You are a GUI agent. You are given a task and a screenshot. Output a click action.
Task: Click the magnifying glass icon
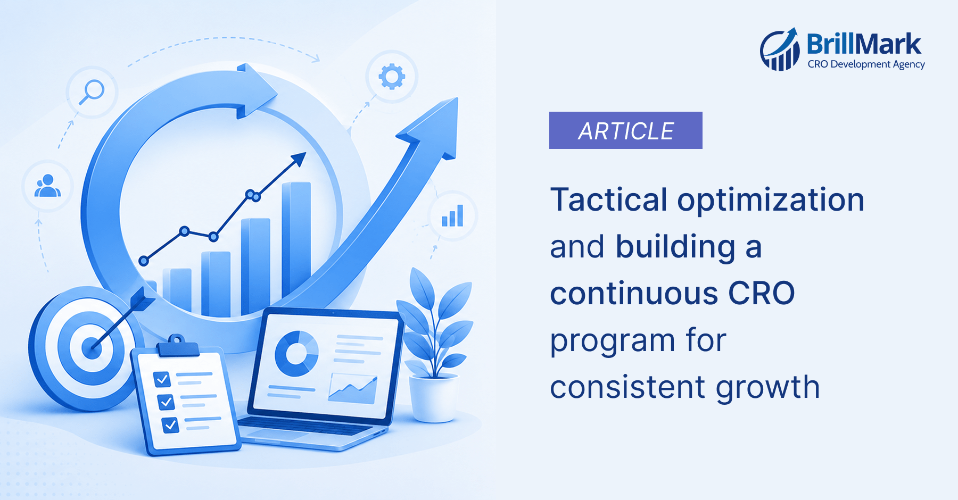(x=92, y=91)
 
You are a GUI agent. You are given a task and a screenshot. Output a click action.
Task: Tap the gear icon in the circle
(x=392, y=77)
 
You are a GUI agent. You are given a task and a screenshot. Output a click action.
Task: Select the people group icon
(x=47, y=186)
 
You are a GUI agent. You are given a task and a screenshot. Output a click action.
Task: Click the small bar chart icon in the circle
(x=452, y=215)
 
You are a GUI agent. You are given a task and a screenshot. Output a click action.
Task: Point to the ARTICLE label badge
(x=626, y=130)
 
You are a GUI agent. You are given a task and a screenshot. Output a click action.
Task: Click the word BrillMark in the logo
(x=864, y=44)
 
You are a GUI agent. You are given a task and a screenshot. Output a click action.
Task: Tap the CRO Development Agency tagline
(x=866, y=64)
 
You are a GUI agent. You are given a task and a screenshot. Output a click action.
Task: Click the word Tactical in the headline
(x=609, y=200)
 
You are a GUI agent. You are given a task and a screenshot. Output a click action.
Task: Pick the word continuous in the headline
(x=634, y=294)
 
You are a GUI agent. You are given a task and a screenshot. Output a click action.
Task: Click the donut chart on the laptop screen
(x=296, y=353)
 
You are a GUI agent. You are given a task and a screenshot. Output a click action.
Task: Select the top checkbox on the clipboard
(x=162, y=379)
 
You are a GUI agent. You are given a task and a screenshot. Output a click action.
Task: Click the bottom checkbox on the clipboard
(x=170, y=425)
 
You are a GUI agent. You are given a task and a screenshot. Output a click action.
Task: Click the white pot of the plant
(x=433, y=398)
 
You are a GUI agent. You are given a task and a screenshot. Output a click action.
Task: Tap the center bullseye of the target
(x=92, y=348)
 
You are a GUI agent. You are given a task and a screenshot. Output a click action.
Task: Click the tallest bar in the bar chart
(x=296, y=239)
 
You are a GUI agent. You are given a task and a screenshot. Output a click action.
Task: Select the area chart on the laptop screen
(x=353, y=389)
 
